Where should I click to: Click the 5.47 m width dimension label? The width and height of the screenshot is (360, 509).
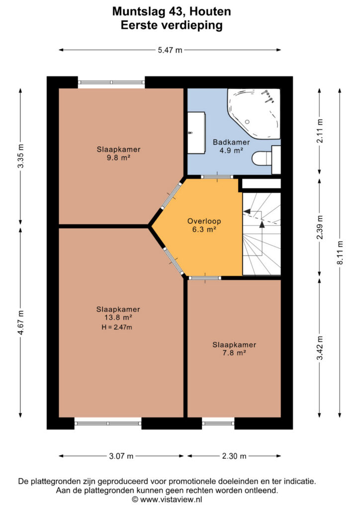170,50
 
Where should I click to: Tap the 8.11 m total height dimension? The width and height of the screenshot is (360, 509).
340,253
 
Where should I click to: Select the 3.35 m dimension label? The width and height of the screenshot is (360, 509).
20,156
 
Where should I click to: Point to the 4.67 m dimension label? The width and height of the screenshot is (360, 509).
20,322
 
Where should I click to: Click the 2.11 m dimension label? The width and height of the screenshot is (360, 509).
320,131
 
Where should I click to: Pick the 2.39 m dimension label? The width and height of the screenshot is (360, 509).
320,228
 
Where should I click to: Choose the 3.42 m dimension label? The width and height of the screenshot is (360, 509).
320,348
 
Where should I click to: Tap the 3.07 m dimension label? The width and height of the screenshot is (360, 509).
121,456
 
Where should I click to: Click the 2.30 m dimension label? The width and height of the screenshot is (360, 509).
234,456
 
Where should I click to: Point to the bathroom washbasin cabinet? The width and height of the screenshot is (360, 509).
196,132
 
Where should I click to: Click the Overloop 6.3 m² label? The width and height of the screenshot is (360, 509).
204,225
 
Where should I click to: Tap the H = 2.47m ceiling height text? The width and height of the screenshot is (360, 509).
117,327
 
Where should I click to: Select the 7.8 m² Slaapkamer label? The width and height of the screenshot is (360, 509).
234,348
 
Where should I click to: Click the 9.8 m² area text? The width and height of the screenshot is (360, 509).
118,158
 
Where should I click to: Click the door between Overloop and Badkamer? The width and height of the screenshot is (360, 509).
217,177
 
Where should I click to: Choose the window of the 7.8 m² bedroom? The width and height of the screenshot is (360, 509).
218,424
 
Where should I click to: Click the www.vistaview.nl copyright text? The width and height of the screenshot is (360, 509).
167,500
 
